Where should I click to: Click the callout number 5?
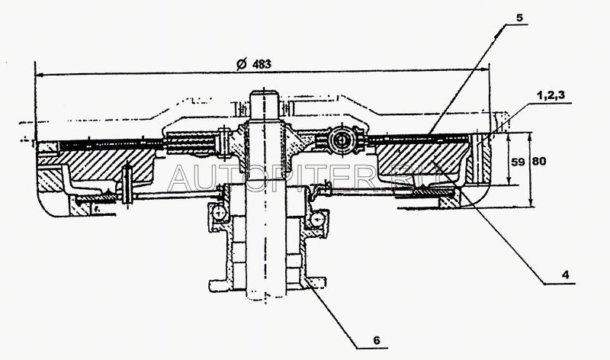click(520, 18)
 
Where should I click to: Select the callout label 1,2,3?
click(551, 96)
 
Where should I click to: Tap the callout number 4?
click(565, 275)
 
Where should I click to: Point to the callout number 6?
click(376, 340)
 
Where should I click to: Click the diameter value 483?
click(262, 64)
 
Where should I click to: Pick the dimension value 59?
click(518, 162)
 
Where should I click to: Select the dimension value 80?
click(539, 161)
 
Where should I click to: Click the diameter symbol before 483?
click(242, 64)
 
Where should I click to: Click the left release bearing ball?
click(219, 213)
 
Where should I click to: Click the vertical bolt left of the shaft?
click(127, 184)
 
